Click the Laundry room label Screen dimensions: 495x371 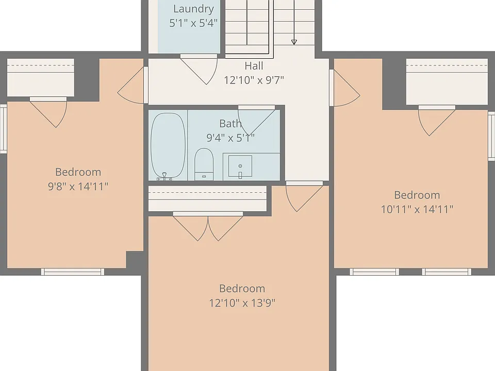point(193,9)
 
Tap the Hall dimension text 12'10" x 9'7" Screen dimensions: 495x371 point(254,80)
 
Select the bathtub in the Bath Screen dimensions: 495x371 point(168,146)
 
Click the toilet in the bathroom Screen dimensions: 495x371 point(204,164)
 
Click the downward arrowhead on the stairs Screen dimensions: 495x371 point(294,42)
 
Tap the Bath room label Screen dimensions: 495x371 point(230,123)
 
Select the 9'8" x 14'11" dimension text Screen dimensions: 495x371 point(78,186)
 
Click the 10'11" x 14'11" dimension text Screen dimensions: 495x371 point(417,209)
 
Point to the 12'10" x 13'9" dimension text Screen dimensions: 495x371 point(242,303)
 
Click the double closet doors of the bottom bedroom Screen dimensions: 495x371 point(208,227)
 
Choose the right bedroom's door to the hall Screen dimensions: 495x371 point(345,88)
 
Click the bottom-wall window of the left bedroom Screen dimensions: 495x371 point(73,272)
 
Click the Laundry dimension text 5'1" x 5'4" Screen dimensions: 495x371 point(193,23)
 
